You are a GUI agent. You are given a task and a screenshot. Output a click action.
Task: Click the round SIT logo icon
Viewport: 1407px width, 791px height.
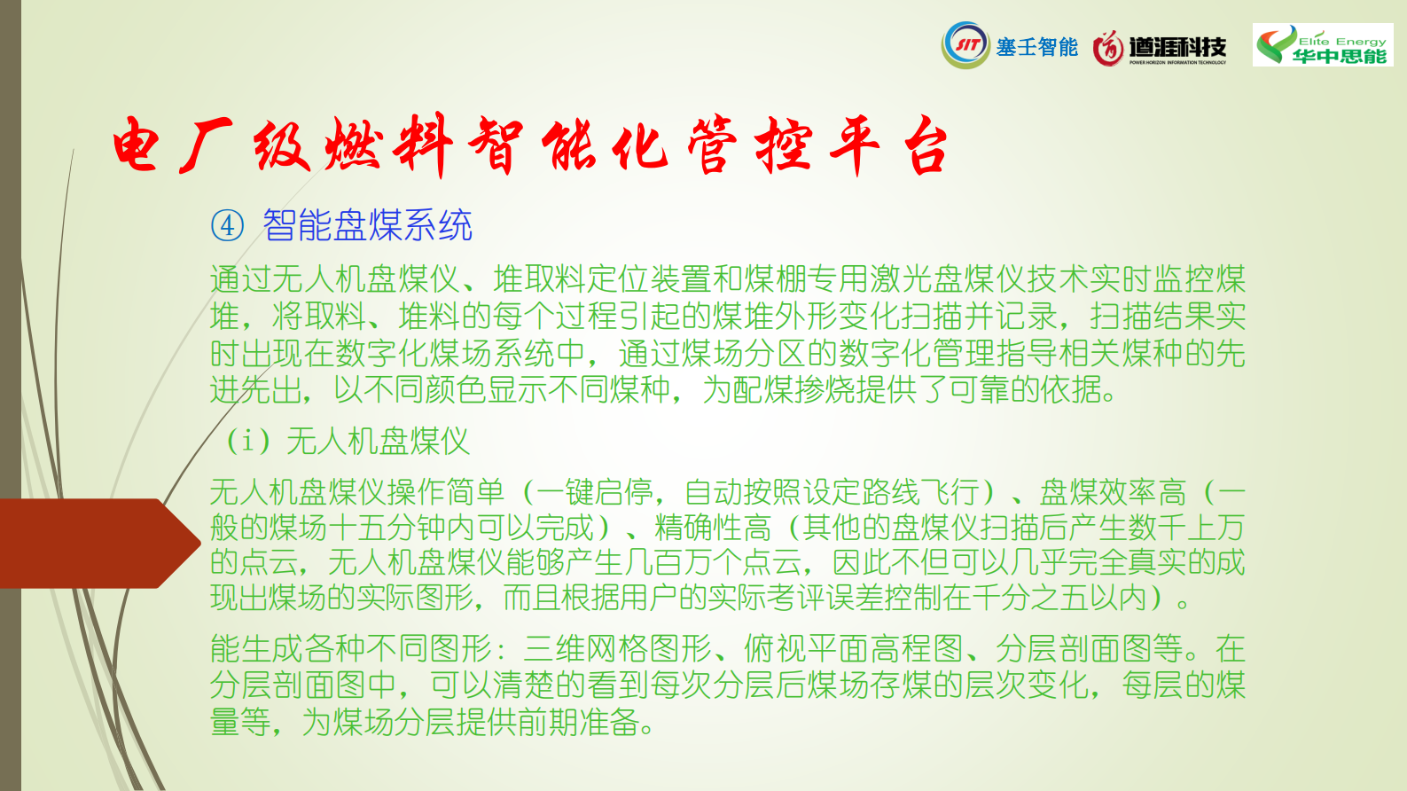tap(965, 44)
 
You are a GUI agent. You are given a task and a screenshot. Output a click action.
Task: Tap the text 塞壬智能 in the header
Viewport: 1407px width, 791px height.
tap(1036, 47)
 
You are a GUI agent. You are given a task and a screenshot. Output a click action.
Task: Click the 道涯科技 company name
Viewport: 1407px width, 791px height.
tap(1177, 46)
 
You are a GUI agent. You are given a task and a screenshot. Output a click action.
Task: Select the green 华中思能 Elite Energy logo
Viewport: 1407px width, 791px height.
tap(1323, 45)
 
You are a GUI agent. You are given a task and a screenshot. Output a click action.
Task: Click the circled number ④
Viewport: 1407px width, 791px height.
tap(227, 225)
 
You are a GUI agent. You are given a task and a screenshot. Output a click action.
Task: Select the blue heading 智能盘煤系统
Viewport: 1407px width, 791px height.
tap(368, 225)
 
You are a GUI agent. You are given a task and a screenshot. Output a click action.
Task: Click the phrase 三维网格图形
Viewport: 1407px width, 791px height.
tap(618, 649)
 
